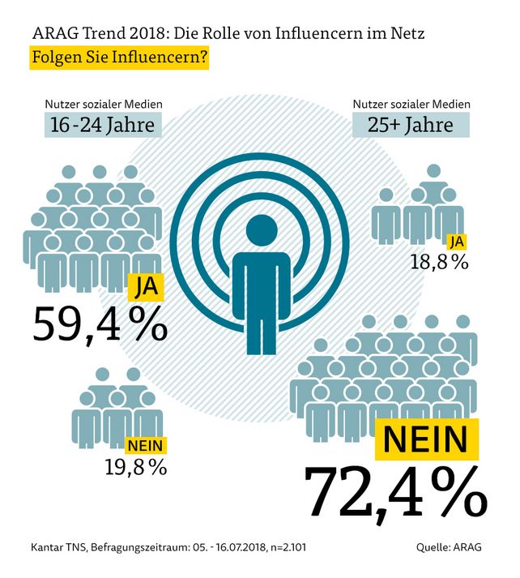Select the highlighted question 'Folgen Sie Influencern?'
[x=119, y=60]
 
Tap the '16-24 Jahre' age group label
[x=102, y=126]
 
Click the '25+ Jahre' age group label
[x=411, y=126]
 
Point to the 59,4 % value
[x=100, y=322]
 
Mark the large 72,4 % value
[x=394, y=490]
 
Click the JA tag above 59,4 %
[x=147, y=287]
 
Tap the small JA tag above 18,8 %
[x=457, y=241]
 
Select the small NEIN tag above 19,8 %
[x=146, y=444]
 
